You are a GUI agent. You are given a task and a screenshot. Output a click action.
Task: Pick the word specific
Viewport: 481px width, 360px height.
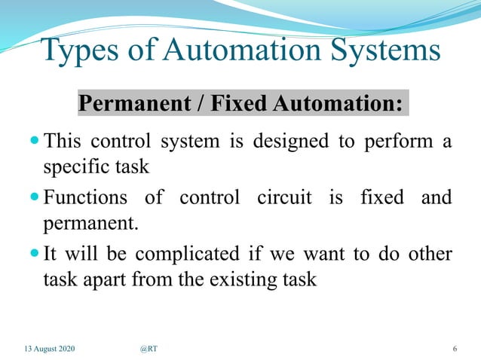pos(72,167)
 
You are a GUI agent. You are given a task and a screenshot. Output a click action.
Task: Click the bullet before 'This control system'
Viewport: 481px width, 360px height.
pos(35,142)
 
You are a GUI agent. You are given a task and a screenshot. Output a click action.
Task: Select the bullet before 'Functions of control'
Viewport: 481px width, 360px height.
pos(35,198)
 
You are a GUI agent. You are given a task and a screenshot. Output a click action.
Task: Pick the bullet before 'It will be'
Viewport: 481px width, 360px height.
pos(35,254)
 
